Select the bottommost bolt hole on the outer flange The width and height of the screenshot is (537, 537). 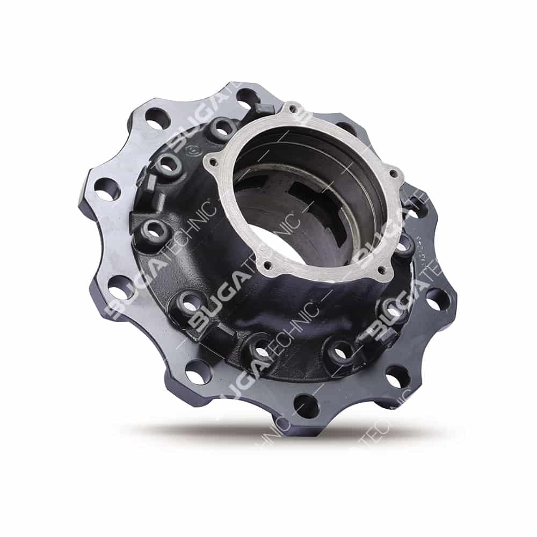pos(307,405)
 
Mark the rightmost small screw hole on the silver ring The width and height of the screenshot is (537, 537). pos(396,174)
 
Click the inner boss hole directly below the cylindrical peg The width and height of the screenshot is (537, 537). pos(154,232)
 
